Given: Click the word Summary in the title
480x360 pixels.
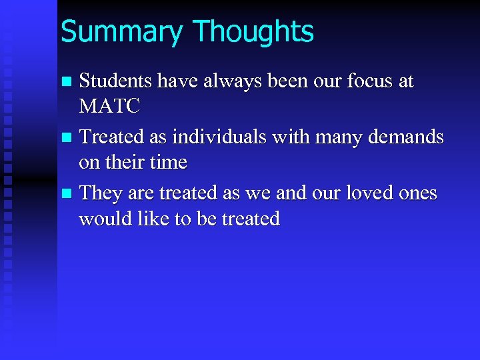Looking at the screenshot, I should pos(120,32).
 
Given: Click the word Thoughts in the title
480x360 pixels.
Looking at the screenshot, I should pos(253,32).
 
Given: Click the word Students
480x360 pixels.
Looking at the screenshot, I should pos(115,81).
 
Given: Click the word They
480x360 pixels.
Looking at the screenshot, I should pos(99,193).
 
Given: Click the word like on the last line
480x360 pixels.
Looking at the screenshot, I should pos(150,218).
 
